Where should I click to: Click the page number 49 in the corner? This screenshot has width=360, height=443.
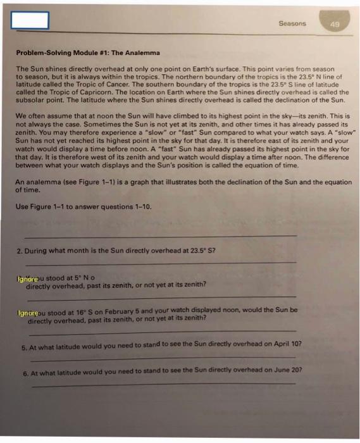(335, 24)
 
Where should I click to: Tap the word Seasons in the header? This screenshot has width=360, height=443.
(292, 23)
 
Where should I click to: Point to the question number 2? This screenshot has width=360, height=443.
(19, 251)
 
